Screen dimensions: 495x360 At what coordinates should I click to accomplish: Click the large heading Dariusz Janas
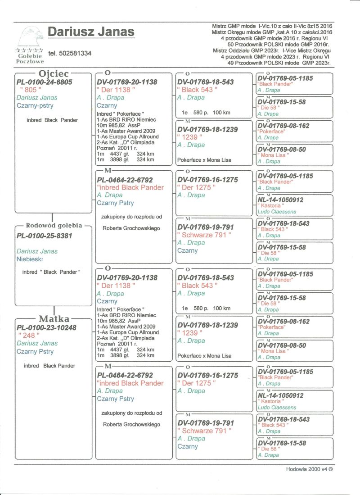tap(91, 32)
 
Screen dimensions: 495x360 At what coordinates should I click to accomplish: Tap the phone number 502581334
tap(70, 53)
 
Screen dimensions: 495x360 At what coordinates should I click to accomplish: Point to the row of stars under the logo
tap(30, 50)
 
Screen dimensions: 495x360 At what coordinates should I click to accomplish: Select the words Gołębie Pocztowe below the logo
tap(30, 58)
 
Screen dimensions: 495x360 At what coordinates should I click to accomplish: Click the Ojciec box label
tap(53, 73)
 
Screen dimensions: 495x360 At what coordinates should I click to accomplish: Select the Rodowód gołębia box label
tap(53, 225)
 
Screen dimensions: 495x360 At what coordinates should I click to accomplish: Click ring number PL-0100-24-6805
tap(44, 82)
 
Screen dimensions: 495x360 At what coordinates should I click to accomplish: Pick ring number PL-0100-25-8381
tap(44, 236)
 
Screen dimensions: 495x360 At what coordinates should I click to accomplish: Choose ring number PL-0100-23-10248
tap(46, 327)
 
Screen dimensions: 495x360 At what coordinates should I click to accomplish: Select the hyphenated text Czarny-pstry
tap(35, 105)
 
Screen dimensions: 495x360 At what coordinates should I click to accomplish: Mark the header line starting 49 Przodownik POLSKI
tap(279, 63)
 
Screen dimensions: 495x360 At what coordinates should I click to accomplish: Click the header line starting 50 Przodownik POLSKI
tap(279, 45)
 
